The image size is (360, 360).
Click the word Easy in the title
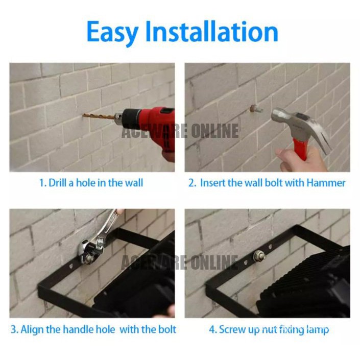coord(112,32)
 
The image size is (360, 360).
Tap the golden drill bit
coord(99,116)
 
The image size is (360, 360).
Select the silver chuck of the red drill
coord(118,118)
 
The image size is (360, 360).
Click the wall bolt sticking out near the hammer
coord(255,108)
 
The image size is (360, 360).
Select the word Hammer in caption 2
coord(326,183)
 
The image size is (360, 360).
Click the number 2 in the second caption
coord(191,183)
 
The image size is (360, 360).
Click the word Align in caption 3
coord(32,330)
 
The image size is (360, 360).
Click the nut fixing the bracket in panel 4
coord(259,256)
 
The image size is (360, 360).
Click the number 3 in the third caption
coord(14,329)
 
